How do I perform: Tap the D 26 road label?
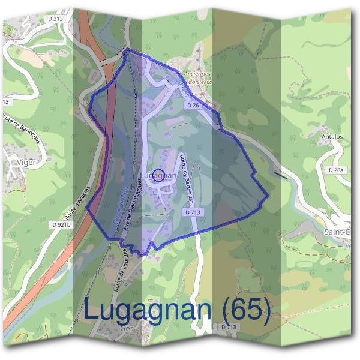click(x=193, y=105)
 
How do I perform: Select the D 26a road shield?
click(x=337, y=170)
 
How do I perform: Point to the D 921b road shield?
click(x=61, y=225)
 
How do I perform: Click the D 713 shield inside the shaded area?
click(x=193, y=212)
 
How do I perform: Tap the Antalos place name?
click(x=332, y=136)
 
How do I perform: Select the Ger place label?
click(x=125, y=329)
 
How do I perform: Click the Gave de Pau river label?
click(x=119, y=210)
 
